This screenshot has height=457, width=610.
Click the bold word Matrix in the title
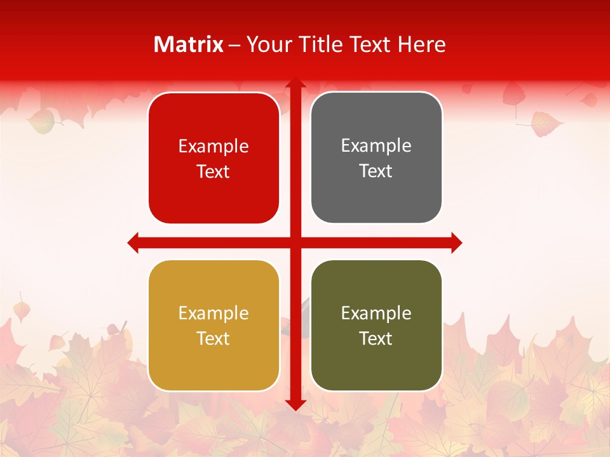pyautogui.click(x=189, y=44)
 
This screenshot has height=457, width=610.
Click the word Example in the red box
pyautogui.click(x=213, y=147)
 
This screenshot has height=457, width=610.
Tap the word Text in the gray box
pyautogui.click(x=376, y=171)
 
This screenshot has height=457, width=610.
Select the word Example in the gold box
pyautogui.click(x=213, y=314)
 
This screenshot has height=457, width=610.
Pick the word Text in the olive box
pyautogui.click(x=376, y=339)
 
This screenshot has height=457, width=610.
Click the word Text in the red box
pyautogui.click(x=213, y=172)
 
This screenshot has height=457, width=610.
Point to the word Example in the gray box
pyautogui.click(x=376, y=146)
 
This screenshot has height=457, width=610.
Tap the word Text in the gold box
pyautogui.click(x=213, y=339)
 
